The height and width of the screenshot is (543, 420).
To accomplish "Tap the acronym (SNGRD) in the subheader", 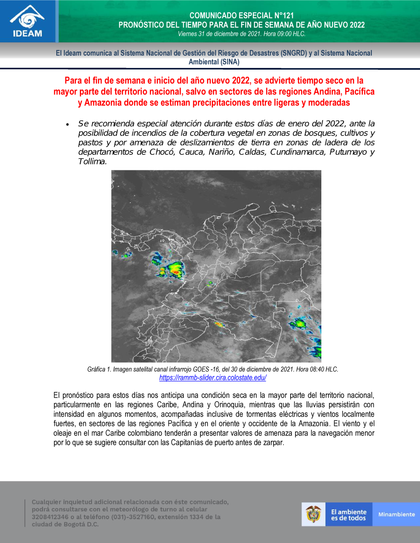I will point(294,53).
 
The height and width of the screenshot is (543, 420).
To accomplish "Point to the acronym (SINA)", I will point(230,62).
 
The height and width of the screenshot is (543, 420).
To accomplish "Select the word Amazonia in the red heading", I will point(103,103).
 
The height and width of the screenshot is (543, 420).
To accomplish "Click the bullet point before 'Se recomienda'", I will point(67,125).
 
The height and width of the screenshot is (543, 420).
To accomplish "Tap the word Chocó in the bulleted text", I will point(162,152).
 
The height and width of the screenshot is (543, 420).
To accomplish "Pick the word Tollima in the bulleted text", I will point(92,162).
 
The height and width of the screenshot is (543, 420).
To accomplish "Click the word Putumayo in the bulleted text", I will point(348,152).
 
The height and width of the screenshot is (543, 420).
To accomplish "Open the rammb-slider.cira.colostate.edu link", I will point(213,378).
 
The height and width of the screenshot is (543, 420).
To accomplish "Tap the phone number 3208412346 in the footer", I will point(50,517).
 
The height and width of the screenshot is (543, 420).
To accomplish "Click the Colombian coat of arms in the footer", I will point(313,514).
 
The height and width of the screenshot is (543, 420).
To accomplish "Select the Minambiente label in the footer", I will point(396,514).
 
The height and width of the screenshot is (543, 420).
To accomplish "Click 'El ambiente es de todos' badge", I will point(349,515).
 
